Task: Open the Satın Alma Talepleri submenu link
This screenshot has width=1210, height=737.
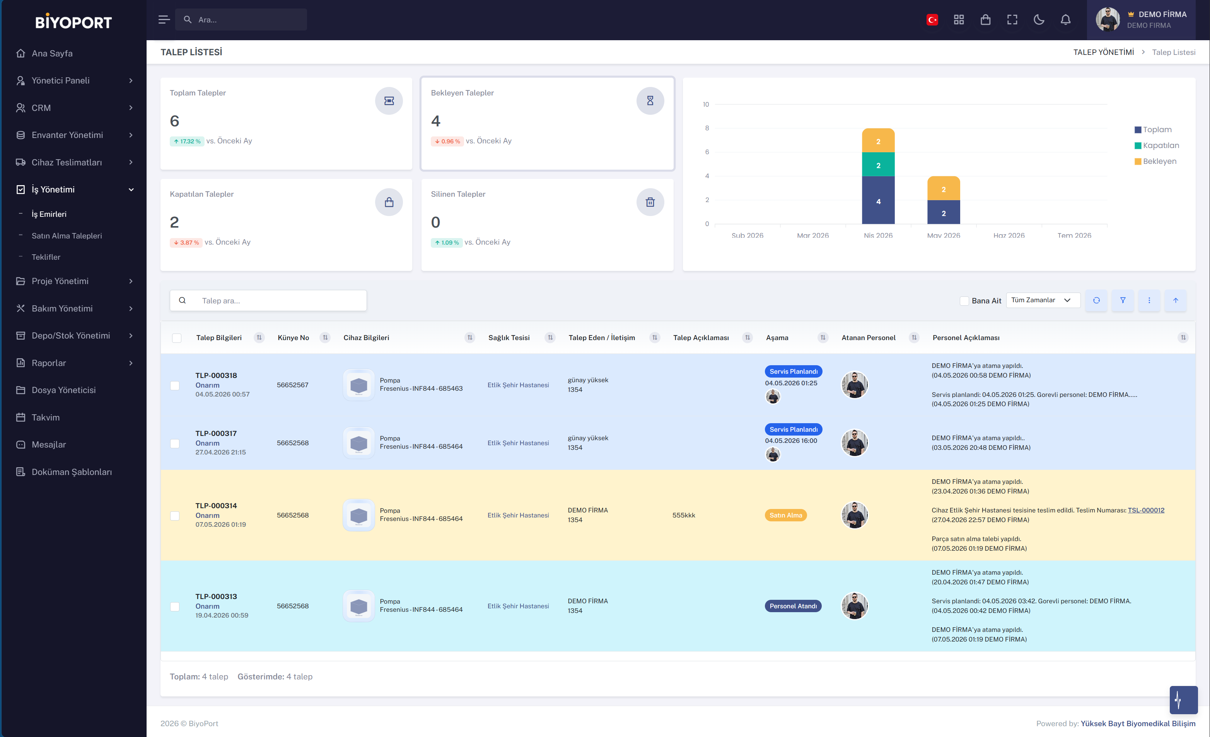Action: tap(67, 235)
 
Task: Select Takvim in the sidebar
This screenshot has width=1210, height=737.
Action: tap(45, 417)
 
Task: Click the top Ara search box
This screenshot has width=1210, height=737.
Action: tap(241, 20)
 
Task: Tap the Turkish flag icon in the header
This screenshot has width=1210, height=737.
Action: tap(932, 20)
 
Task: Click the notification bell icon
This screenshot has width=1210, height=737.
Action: tap(1065, 20)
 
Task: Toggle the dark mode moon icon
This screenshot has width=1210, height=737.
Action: tap(1039, 20)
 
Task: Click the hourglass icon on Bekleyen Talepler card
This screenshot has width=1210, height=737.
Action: tap(650, 100)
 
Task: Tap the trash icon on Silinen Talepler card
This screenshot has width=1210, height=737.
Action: tap(650, 202)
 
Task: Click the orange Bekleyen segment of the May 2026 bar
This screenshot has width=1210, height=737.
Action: tap(943, 189)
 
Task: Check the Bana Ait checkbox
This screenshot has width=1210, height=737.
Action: tap(964, 301)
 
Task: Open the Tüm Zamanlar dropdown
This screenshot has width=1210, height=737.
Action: tap(1043, 300)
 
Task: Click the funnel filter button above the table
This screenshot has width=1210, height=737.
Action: tap(1123, 300)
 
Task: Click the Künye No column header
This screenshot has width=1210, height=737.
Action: tap(293, 338)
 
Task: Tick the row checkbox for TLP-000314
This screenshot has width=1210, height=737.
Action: tap(175, 516)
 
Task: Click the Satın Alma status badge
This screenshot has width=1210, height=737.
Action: tap(786, 515)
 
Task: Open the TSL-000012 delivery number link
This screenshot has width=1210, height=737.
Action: tap(1146, 510)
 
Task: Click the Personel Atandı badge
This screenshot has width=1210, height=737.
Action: tap(793, 606)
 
